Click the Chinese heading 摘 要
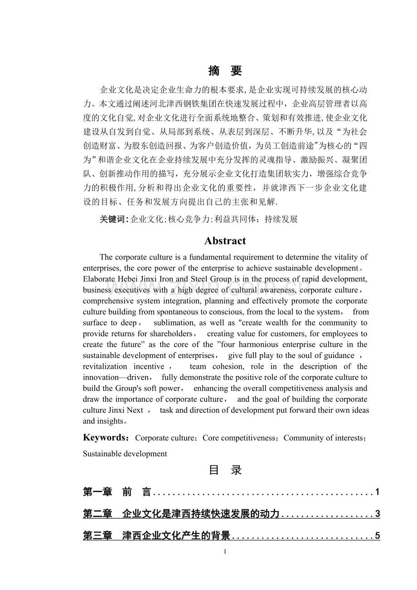point(225,71)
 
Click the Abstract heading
point(225,241)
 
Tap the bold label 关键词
point(113,219)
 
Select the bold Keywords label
point(107,437)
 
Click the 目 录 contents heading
point(225,470)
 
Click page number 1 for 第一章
point(378,492)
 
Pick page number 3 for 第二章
point(378,514)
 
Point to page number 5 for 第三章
point(378,536)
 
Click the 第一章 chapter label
point(97,492)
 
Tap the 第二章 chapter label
point(97,514)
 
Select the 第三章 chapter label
point(97,536)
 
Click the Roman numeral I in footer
point(225,551)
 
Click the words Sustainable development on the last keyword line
point(125,454)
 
